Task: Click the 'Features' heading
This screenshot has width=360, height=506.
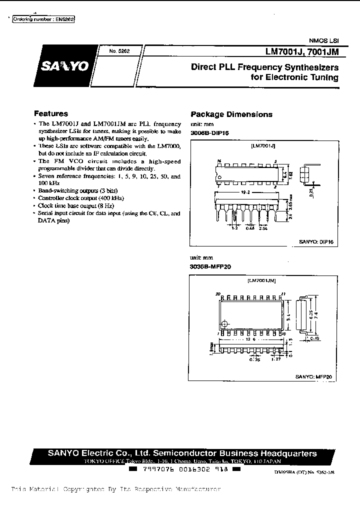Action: (x=51, y=113)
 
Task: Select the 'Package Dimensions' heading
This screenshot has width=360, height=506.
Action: (x=231, y=114)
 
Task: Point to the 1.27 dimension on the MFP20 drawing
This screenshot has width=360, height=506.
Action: (x=275, y=358)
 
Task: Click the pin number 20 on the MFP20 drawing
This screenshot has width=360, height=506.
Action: (x=217, y=293)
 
